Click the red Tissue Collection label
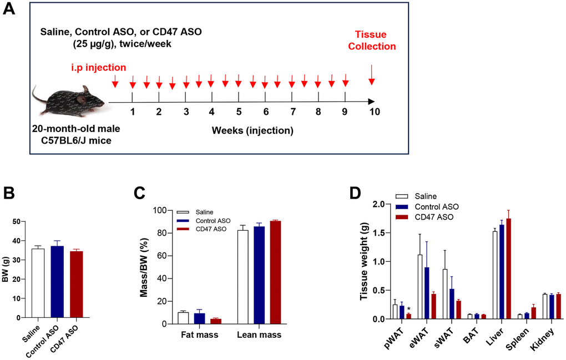tap(371, 40)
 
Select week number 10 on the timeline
tap(375, 111)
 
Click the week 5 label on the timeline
tap(239, 111)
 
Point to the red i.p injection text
tap(98, 68)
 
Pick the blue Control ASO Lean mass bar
tap(259, 275)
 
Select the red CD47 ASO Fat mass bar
tap(216, 321)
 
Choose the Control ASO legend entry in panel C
tap(199, 220)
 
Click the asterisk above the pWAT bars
tap(408, 310)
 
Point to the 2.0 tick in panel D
tap(380, 204)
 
